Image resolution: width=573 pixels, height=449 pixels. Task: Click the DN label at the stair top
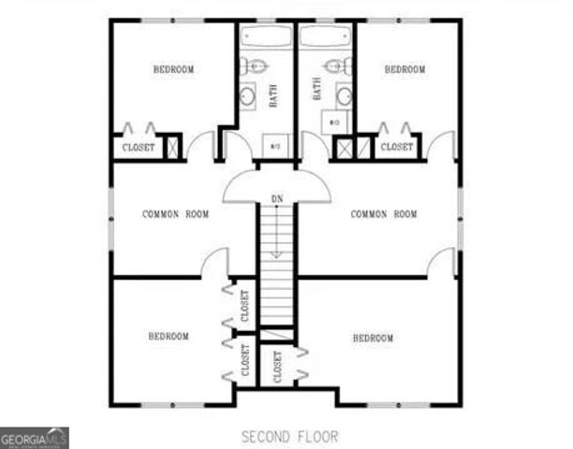pyautogui.click(x=277, y=198)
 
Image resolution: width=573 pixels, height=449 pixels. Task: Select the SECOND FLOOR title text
pyautogui.click(x=289, y=437)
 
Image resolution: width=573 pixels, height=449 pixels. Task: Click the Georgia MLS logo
pyautogui.click(x=35, y=438)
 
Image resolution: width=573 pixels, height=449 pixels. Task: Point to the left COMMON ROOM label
pyautogui.click(x=175, y=214)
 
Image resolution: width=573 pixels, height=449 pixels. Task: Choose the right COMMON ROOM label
pyautogui.click(x=383, y=214)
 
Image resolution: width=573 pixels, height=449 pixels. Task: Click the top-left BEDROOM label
pyautogui.click(x=173, y=69)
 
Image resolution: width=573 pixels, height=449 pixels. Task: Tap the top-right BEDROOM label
pyautogui.click(x=404, y=69)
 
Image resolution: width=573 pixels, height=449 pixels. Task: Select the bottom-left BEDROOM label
pyautogui.click(x=169, y=336)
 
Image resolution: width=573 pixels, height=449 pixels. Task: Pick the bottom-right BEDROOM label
pyautogui.click(x=373, y=338)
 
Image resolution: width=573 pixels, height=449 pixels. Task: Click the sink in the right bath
pyautogui.click(x=344, y=94)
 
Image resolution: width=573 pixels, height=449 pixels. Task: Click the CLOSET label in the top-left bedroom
pyautogui.click(x=139, y=148)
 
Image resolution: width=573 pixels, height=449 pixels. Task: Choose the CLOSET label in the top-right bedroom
pyautogui.click(x=396, y=147)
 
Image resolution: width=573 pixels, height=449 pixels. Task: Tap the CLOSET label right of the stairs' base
pyautogui.click(x=278, y=369)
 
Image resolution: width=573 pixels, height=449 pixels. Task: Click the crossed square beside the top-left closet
pyautogui.click(x=172, y=147)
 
